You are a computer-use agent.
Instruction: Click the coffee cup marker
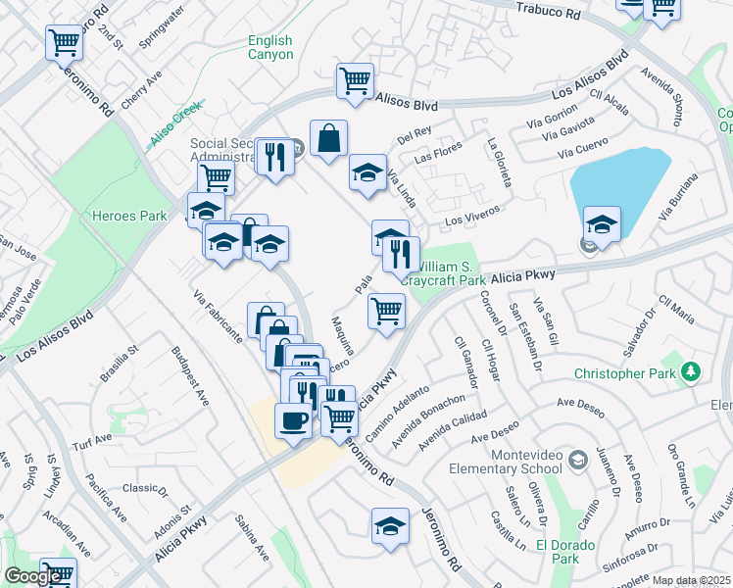click(292, 421)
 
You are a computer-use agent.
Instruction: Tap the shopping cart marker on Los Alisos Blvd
click(355, 80)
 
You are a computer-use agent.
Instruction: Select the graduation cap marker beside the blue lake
click(602, 223)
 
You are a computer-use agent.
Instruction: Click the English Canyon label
click(269, 47)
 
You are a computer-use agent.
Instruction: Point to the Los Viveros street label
click(473, 216)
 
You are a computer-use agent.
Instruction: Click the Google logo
click(32, 577)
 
